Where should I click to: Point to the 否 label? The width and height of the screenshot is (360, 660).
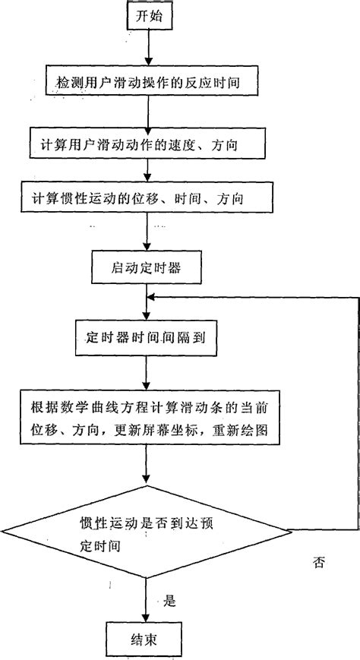pos(320,563)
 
